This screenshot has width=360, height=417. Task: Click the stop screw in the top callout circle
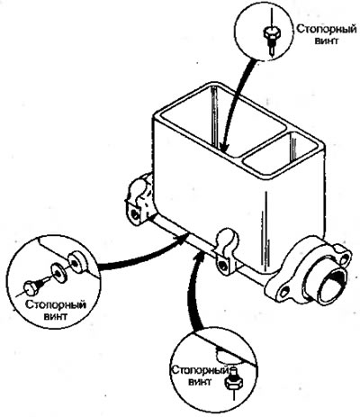[272, 39]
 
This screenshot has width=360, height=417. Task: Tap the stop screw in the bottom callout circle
[232, 379]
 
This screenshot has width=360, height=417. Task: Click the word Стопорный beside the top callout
[327, 30]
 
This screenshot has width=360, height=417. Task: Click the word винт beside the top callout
[327, 41]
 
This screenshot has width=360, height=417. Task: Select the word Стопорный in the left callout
[56, 305]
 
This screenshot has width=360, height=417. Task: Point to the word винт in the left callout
[56, 316]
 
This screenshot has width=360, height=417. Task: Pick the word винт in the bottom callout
[200, 382]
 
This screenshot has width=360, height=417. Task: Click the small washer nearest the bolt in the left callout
[58, 272]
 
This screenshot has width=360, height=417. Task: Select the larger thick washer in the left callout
[77, 262]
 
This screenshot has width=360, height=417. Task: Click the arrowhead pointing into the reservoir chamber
[224, 147]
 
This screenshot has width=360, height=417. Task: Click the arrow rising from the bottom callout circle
[192, 291]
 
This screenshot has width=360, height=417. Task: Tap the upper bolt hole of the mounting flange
[346, 257]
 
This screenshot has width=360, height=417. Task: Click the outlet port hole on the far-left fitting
[135, 213]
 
